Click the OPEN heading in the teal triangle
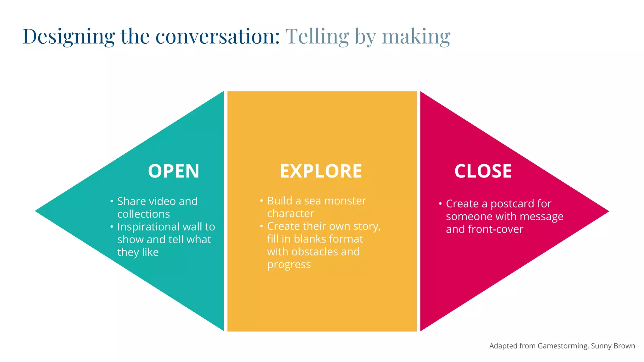pyautogui.click(x=174, y=171)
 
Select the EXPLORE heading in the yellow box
pyautogui.click(x=321, y=171)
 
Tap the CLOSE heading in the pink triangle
pyautogui.click(x=483, y=171)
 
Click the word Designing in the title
pyautogui.click(x=69, y=37)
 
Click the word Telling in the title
pyautogui.click(x=317, y=37)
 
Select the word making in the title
pyautogui.click(x=416, y=37)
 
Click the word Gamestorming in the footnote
pyautogui.click(x=563, y=346)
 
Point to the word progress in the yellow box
pyautogui.click(x=289, y=265)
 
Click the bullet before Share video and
pyautogui.click(x=112, y=201)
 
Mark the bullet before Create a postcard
pyautogui.click(x=440, y=204)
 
